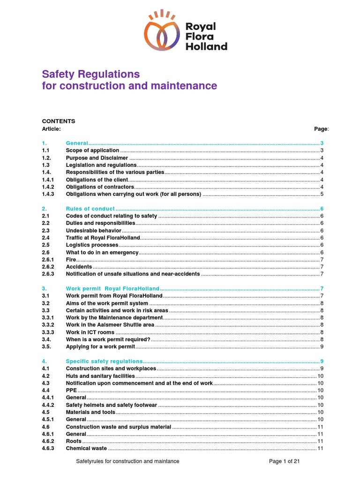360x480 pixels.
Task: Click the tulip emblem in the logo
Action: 162,33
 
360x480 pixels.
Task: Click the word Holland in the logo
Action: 207,46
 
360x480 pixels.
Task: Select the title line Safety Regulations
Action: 91,74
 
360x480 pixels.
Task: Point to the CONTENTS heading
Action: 59,121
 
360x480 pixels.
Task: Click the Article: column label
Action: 51,128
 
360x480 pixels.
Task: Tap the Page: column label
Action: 321,128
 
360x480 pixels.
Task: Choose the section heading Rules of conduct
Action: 90,209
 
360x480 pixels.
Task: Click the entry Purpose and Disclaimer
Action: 97,158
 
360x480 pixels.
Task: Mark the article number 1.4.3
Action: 48,194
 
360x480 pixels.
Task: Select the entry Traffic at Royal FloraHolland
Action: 103,238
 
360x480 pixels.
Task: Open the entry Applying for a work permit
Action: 100,347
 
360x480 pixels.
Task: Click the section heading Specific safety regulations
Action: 104,361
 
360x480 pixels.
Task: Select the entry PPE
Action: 71,390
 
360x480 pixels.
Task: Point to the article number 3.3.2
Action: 48,325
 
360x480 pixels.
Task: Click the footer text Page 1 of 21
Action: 285,461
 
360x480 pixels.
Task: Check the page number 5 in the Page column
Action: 322,194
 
